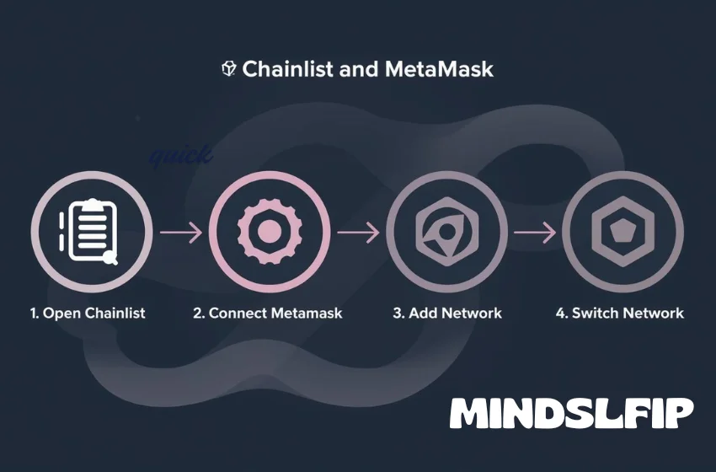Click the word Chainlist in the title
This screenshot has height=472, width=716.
(x=286, y=69)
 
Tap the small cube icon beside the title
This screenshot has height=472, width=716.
(x=228, y=69)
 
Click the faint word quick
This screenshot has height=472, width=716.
(x=180, y=156)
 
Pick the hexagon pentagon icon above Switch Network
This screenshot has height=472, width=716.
(x=622, y=229)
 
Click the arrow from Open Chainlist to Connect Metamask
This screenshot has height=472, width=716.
(x=180, y=231)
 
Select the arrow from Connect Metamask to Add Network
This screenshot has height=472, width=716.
(x=358, y=231)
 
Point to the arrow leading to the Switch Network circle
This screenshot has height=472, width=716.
(x=535, y=231)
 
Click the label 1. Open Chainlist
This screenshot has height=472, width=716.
(x=88, y=313)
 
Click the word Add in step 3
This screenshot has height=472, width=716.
(x=422, y=313)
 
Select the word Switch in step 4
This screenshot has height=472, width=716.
(x=595, y=313)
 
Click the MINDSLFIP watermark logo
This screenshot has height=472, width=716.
(x=571, y=414)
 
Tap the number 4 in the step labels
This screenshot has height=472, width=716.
(x=560, y=313)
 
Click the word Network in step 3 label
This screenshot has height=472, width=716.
(x=471, y=313)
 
